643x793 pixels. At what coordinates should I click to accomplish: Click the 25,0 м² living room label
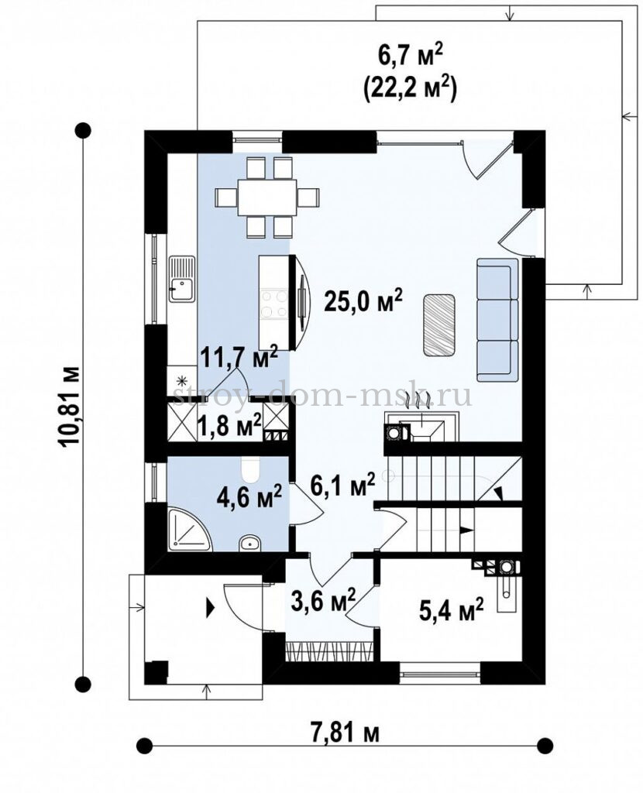363,302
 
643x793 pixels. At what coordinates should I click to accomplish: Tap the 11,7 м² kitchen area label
239,357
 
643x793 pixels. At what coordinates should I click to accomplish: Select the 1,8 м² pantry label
229,425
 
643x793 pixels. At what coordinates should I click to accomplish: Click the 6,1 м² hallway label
342,486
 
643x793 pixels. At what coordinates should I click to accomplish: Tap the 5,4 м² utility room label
451,609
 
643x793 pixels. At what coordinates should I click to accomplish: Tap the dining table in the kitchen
267,197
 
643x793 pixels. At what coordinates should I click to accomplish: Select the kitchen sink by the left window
181,279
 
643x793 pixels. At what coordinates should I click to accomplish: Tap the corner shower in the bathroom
190,528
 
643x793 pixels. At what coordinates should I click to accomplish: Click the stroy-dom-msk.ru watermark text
322,396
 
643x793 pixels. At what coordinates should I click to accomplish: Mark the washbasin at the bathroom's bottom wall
249,543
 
